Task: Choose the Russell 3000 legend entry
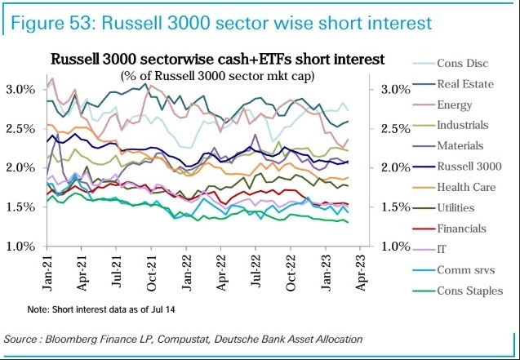click(469, 167)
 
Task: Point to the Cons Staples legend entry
click(467, 291)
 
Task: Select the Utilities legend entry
click(458, 208)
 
